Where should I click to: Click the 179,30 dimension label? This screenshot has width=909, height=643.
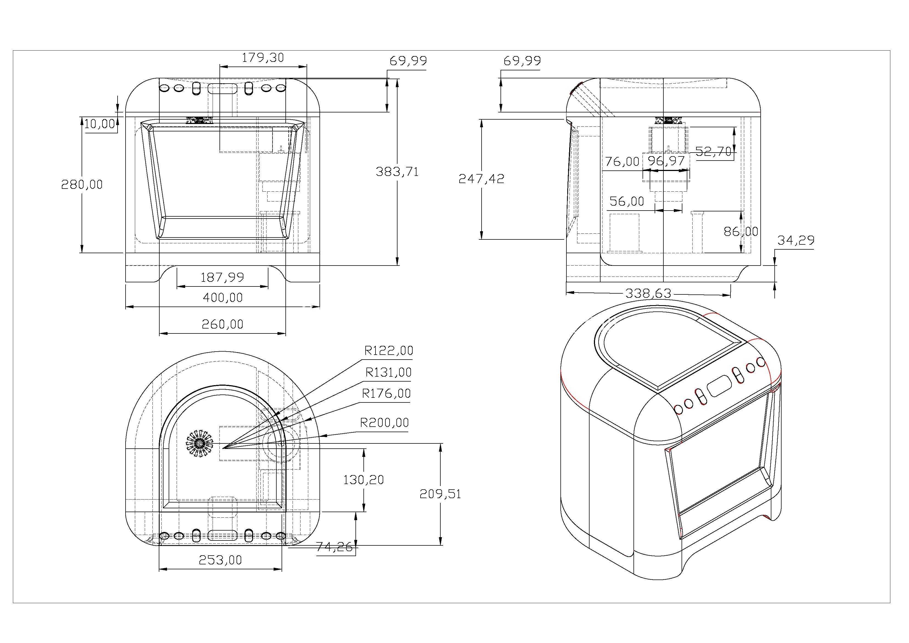[x=263, y=58]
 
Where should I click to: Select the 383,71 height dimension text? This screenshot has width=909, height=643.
[x=397, y=172]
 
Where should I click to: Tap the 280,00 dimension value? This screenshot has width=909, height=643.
[x=82, y=185]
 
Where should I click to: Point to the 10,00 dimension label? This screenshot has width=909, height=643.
[x=100, y=124]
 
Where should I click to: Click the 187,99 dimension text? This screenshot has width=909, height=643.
[x=223, y=277]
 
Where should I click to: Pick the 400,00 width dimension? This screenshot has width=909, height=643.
[x=223, y=297]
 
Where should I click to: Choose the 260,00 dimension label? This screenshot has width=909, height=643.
[x=223, y=324]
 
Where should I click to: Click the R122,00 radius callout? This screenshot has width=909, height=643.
[x=389, y=351]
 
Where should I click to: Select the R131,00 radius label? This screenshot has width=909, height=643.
[x=389, y=372]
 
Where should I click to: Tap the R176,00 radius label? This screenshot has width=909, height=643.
[x=387, y=394]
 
